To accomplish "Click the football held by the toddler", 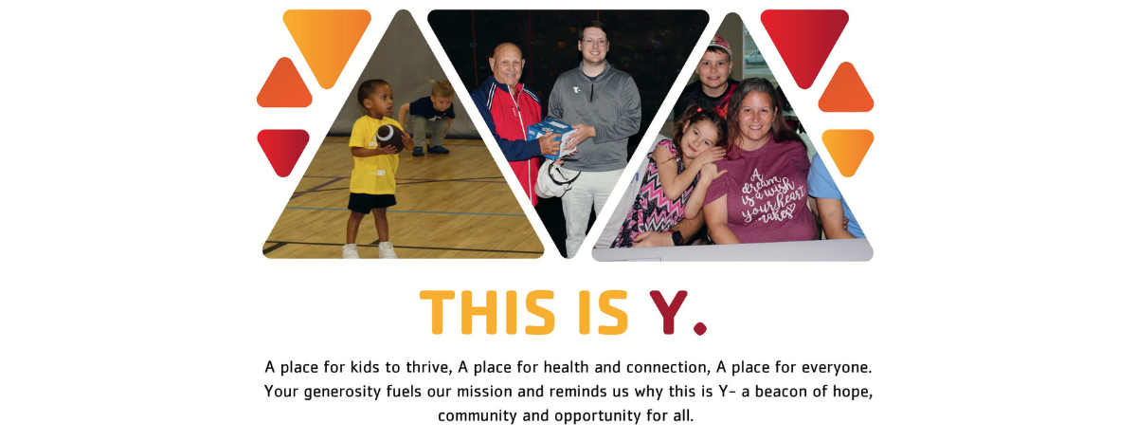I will [388, 135].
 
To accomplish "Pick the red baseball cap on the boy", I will [720, 45].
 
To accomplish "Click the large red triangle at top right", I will [804, 43].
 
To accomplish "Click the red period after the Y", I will [700, 328].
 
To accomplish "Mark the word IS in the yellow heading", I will [603, 311].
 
